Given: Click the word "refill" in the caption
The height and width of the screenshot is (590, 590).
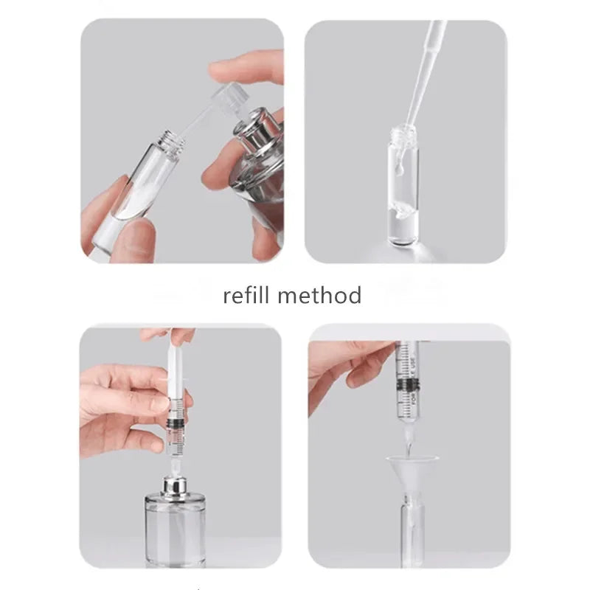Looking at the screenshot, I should pos(249,296).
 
